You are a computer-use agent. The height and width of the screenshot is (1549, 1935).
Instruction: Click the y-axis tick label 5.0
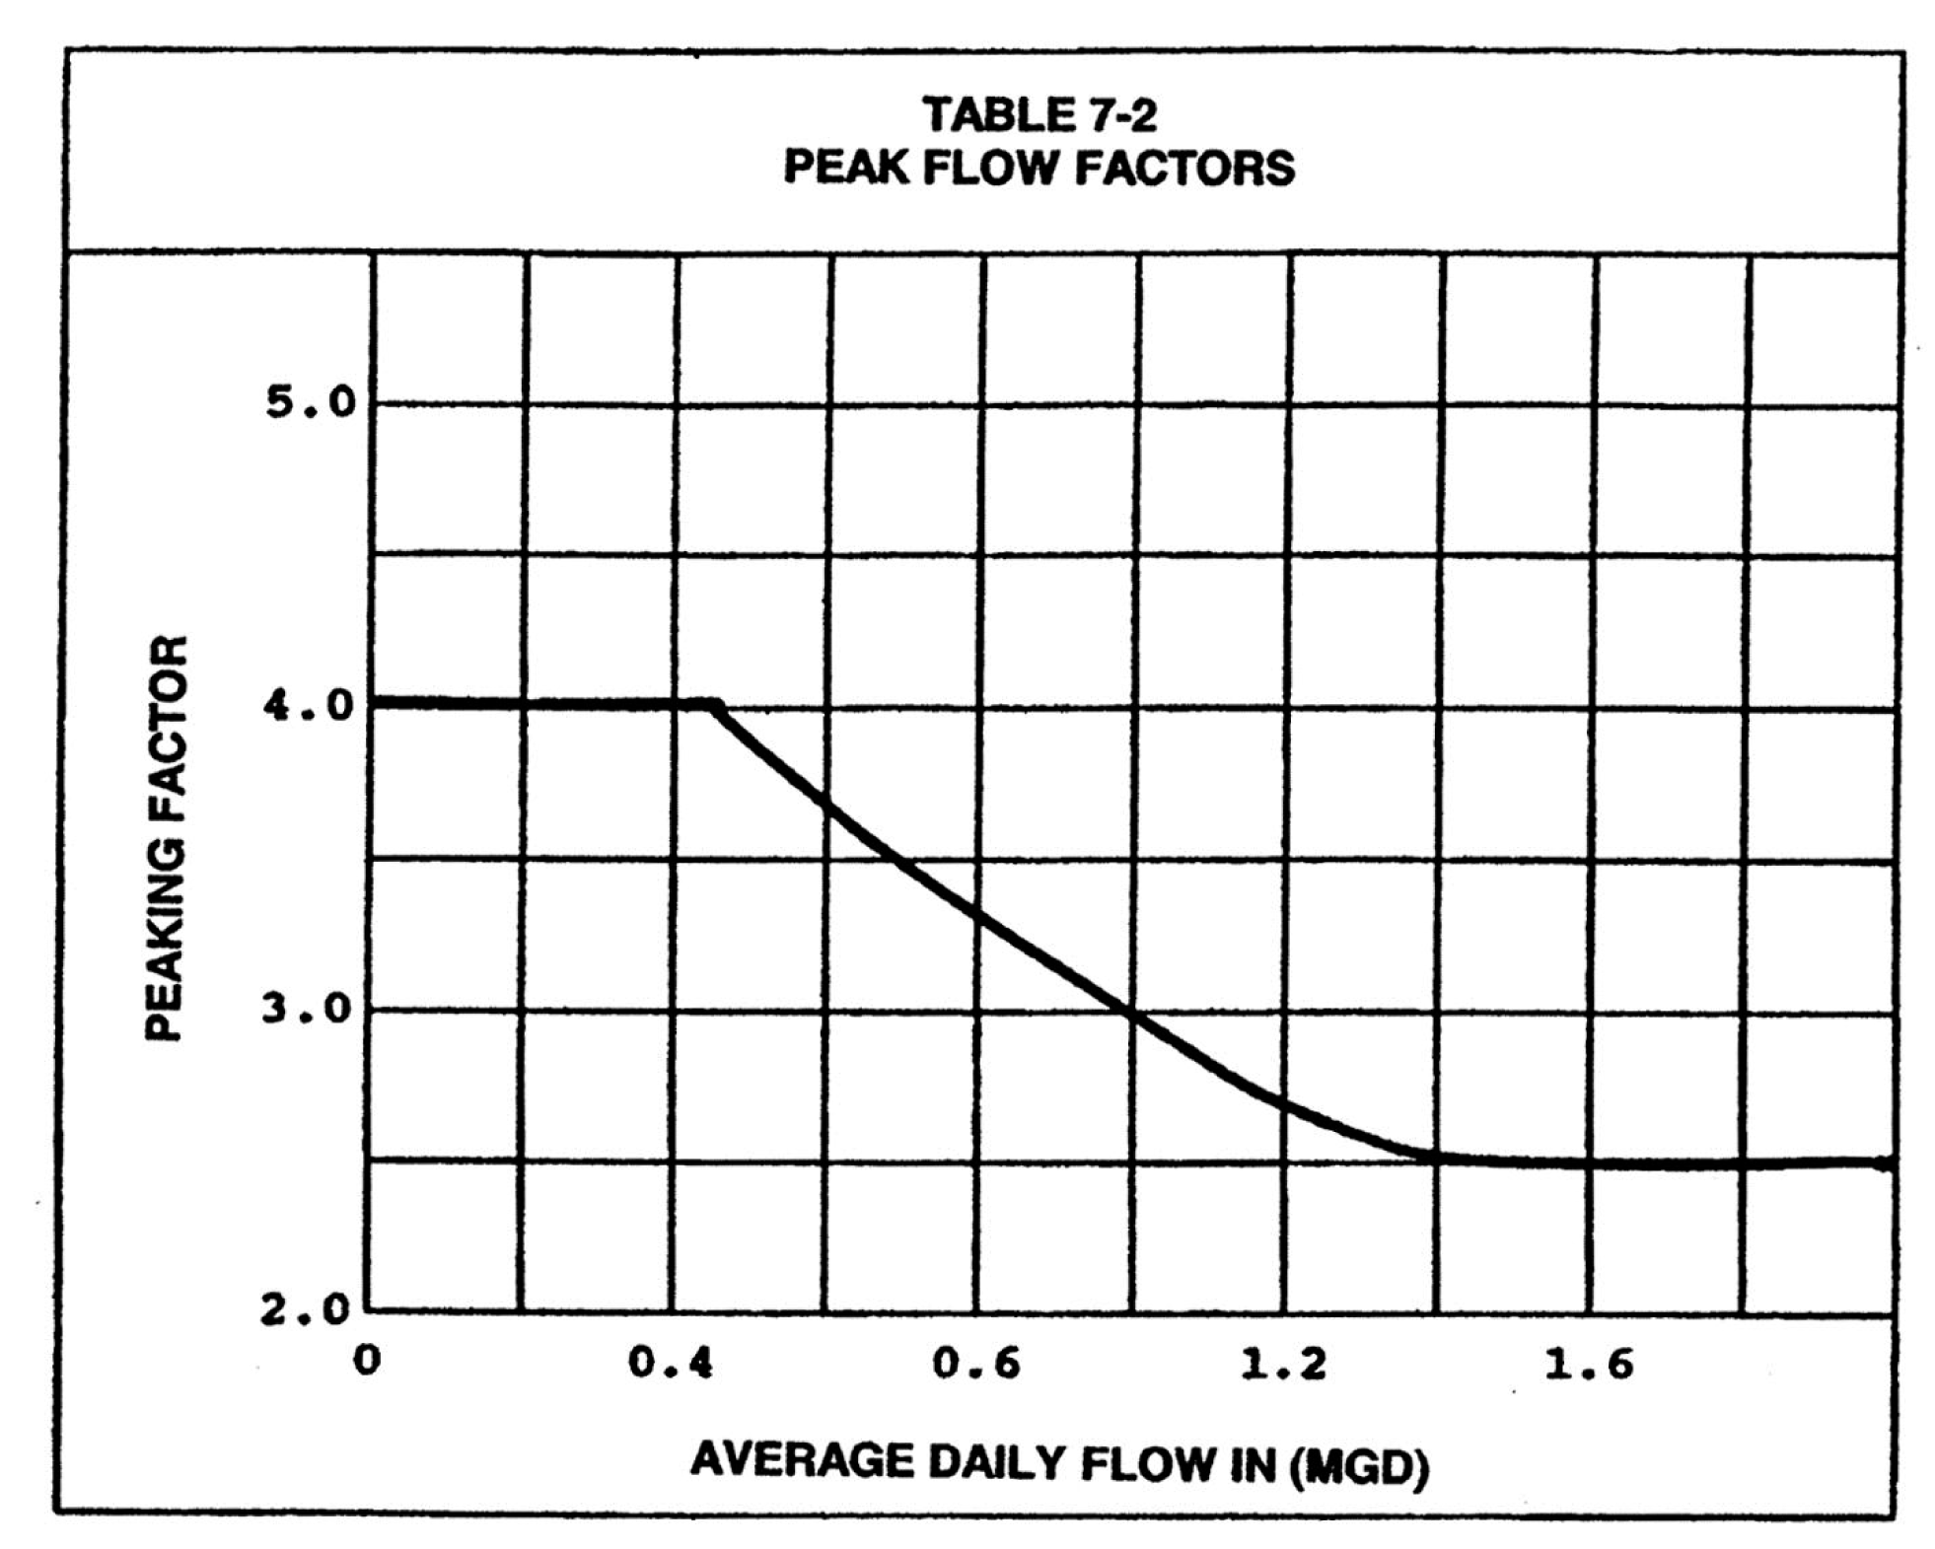(x=309, y=402)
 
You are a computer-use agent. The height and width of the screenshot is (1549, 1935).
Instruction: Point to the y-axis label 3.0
(x=307, y=1010)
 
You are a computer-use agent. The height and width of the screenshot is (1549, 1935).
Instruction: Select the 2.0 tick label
(x=306, y=1310)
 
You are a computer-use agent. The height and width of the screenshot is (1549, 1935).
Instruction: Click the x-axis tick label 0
(x=367, y=1361)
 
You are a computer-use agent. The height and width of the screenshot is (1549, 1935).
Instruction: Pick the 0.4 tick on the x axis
(x=671, y=1364)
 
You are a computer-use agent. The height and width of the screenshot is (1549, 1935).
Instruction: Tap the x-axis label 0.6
(x=976, y=1364)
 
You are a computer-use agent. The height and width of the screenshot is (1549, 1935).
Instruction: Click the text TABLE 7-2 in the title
(x=1039, y=115)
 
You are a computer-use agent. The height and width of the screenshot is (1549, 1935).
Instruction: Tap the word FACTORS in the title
(x=1184, y=168)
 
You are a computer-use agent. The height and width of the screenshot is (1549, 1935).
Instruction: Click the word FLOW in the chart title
(x=993, y=168)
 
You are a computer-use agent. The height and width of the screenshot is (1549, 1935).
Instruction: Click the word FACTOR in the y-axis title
(x=165, y=724)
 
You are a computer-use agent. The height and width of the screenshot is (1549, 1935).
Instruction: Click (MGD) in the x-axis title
(x=1359, y=1468)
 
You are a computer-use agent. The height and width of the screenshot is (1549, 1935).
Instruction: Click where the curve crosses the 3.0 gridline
(x=1130, y=1013)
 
